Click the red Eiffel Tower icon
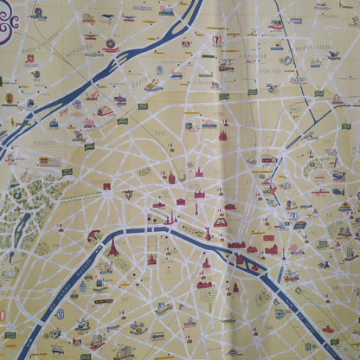click(x=112, y=246)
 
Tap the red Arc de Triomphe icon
click(x=106, y=188)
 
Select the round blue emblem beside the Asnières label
click(x=111, y=44)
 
